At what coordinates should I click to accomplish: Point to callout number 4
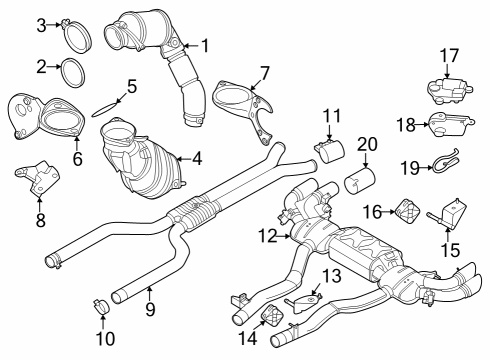tap(197, 157)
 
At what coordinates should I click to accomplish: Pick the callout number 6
tap(77, 157)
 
